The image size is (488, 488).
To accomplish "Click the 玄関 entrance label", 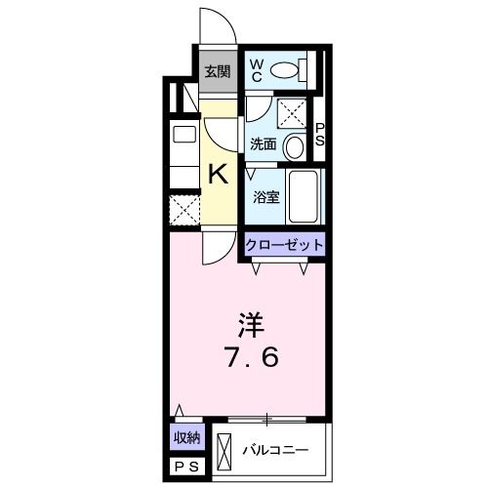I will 218,70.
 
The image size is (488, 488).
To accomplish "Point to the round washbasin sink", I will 296,145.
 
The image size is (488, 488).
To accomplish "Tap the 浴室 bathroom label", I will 265,196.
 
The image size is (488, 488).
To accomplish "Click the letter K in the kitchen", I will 220,176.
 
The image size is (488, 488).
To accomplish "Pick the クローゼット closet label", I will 283,245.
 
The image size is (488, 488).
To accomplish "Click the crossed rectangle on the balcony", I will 225,450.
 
